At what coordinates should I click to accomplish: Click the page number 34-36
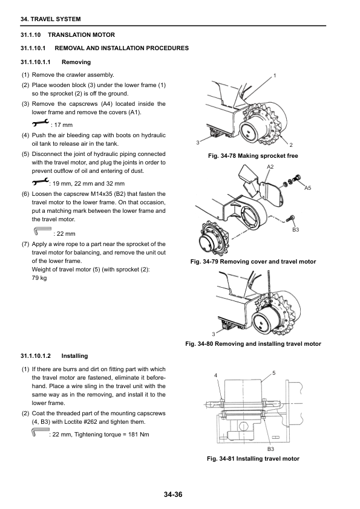pyautogui.click(x=173, y=494)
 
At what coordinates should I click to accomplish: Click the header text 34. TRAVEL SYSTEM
pyautogui.click(x=50, y=19)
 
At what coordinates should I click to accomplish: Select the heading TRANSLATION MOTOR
pyautogui.click(x=81, y=34)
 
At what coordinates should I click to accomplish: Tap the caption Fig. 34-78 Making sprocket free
pyautogui.click(x=253, y=156)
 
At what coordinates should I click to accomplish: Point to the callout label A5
pyautogui.click(x=307, y=188)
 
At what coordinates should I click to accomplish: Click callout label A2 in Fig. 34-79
pyautogui.click(x=270, y=167)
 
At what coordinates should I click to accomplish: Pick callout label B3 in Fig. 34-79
pyautogui.click(x=295, y=230)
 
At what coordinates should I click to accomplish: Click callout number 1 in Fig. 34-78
pyautogui.click(x=275, y=76)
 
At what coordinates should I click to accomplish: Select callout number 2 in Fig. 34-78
pyautogui.click(x=291, y=145)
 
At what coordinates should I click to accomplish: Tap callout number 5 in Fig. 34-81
pyautogui.click(x=273, y=373)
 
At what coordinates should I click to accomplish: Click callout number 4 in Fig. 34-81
pyautogui.click(x=215, y=375)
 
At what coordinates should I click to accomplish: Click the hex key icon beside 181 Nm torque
pyautogui.click(x=41, y=432)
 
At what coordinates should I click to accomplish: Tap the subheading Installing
pyautogui.click(x=74, y=356)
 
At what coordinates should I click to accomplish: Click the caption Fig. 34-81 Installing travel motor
pyautogui.click(x=253, y=459)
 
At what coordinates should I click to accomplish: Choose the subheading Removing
pyautogui.click(x=76, y=62)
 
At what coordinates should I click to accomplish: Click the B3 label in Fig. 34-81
pyautogui.click(x=270, y=449)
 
